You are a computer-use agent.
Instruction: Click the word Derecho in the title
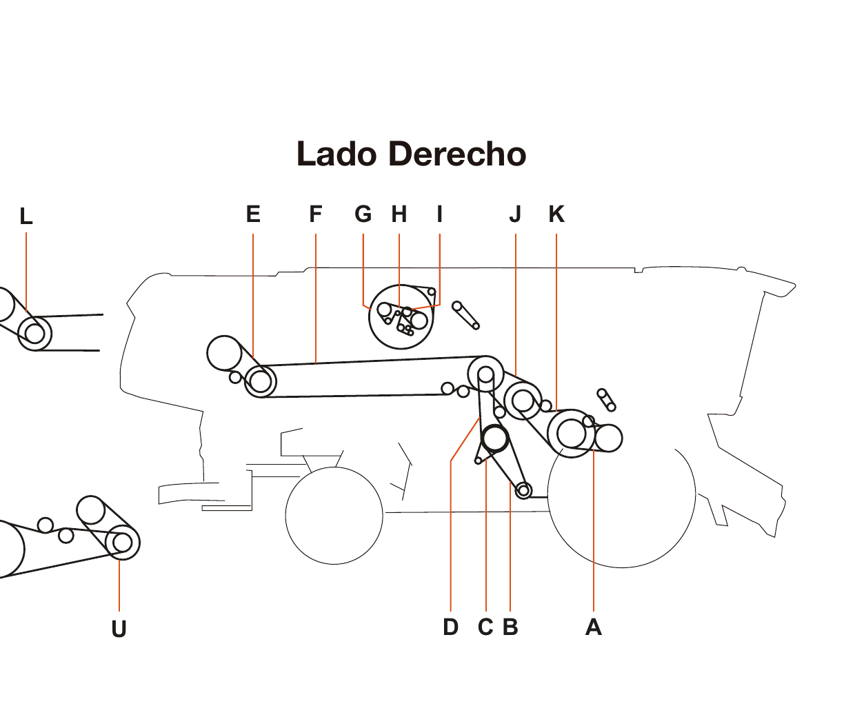pyautogui.click(x=457, y=154)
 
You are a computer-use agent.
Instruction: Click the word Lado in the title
pyautogui.click(x=337, y=154)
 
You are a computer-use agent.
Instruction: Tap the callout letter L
pyautogui.click(x=26, y=216)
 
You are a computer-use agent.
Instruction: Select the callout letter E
pyautogui.click(x=253, y=214)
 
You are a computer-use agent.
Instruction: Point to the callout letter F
pyautogui.click(x=316, y=214)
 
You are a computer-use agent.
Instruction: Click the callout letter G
pyautogui.click(x=363, y=214)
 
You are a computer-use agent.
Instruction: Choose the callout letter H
pyautogui.click(x=399, y=214)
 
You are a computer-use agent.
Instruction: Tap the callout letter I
pyautogui.click(x=439, y=214)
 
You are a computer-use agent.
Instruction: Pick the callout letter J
pyautogui.click(x=515, y=214)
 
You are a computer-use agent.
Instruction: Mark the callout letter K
pyautogui.click(x=556, y=214)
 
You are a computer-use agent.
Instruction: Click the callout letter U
pyautogui.click(x=119, y=629)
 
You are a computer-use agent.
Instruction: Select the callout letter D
pyautogui.click(x=450, y=627)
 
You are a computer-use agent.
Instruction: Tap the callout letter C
pyautogui.click(x=485, y=627)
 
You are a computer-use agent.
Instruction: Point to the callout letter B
pyautogui.click(x=510, y=627)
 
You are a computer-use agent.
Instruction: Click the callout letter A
pyautogui.click(x=593, y=627)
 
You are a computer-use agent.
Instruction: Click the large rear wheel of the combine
pyautogui.click(x=622, y=496)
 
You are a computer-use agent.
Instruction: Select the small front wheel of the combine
pyautogui.click(x=334, y=515)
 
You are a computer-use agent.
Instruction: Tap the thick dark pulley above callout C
pyautogui.click(x=494, y=438)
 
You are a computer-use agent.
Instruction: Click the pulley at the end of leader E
pyautogui.click(x=260, y=381)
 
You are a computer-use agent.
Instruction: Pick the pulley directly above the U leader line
pyautogui.click(x=122, y=543)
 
